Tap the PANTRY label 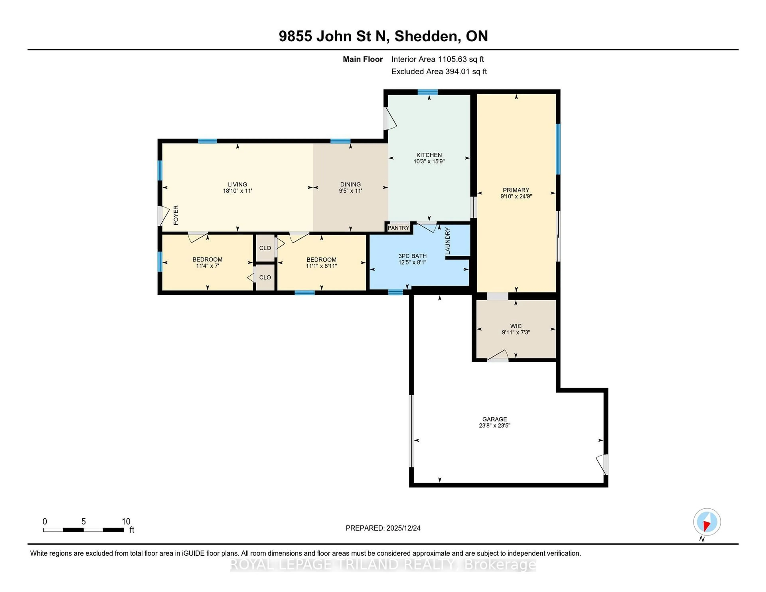398,228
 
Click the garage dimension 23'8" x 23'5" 495,425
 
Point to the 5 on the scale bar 83,522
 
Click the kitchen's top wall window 427,92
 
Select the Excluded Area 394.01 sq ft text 439,72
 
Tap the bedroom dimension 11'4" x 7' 207,266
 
